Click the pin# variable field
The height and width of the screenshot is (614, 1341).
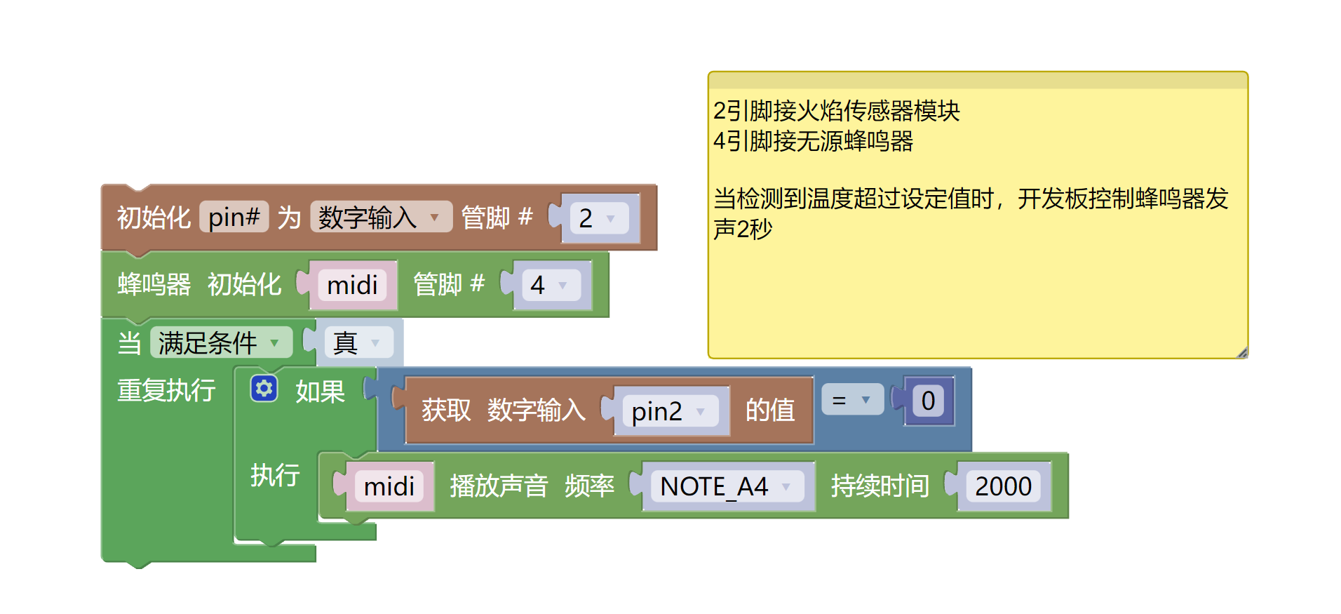tap(234, 218)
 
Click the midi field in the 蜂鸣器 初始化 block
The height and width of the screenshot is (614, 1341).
tap(352, 285)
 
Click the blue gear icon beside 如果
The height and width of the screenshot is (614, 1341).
tap(264, 389)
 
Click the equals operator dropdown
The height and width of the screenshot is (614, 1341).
tap(851, 400)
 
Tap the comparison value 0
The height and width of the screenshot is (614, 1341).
tap(928, 401)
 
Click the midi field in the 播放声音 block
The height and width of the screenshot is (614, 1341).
tap(389, 486)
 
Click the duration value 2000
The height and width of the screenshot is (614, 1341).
tap(1003, 486)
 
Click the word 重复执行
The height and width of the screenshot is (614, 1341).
tap(166, 390)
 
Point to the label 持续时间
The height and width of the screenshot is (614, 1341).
tap(880, 486)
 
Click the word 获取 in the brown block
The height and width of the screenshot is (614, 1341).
tap(445, 411)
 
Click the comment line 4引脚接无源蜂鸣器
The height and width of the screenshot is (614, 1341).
tap(813, 142)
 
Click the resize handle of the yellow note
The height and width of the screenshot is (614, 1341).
tap(1242, 353)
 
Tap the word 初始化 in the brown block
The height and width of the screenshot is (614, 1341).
tap(154, 218)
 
